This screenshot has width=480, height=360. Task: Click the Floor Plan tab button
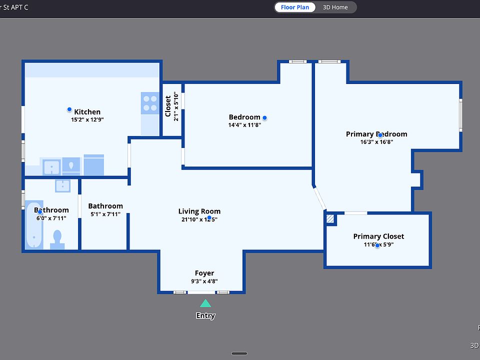coord(295,7)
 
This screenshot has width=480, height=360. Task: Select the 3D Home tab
coord(335,7)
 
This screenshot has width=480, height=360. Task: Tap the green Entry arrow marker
coord(205,303)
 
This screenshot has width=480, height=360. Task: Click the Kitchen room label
coord(87,112)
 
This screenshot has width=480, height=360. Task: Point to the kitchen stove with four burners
coord(150,103)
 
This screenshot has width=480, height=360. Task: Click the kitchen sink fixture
coord(51,166)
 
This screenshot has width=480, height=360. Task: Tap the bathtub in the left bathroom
coord(34,225)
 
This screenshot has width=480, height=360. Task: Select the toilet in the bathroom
coord(57,238)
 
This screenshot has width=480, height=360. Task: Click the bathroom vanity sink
coord(63,185)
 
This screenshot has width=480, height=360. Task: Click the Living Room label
coord(199,211)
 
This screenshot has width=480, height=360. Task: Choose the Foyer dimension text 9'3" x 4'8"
coord(204,281)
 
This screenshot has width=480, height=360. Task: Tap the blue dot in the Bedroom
coord(264,118)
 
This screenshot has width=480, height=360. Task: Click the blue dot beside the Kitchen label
coord(69,109)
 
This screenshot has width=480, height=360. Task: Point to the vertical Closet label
coord(168,106)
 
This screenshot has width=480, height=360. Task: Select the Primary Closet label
coord(378,236)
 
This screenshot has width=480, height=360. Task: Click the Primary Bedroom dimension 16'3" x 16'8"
coord(376,142)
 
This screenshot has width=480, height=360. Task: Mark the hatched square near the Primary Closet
coord(329,218)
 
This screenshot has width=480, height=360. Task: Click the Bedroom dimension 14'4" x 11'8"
coord(244,125)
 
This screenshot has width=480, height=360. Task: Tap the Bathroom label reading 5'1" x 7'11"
coord(105,214)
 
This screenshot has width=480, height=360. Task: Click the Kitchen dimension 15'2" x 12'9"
coord(87,120)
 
